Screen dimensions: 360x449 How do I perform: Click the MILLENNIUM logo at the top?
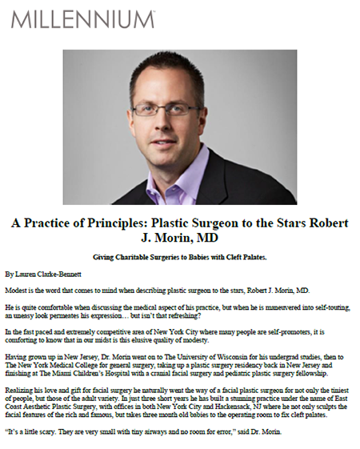point(83,19)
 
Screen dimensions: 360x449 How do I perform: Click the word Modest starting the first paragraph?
point(14,291)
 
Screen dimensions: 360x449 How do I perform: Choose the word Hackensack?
point(232,407)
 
